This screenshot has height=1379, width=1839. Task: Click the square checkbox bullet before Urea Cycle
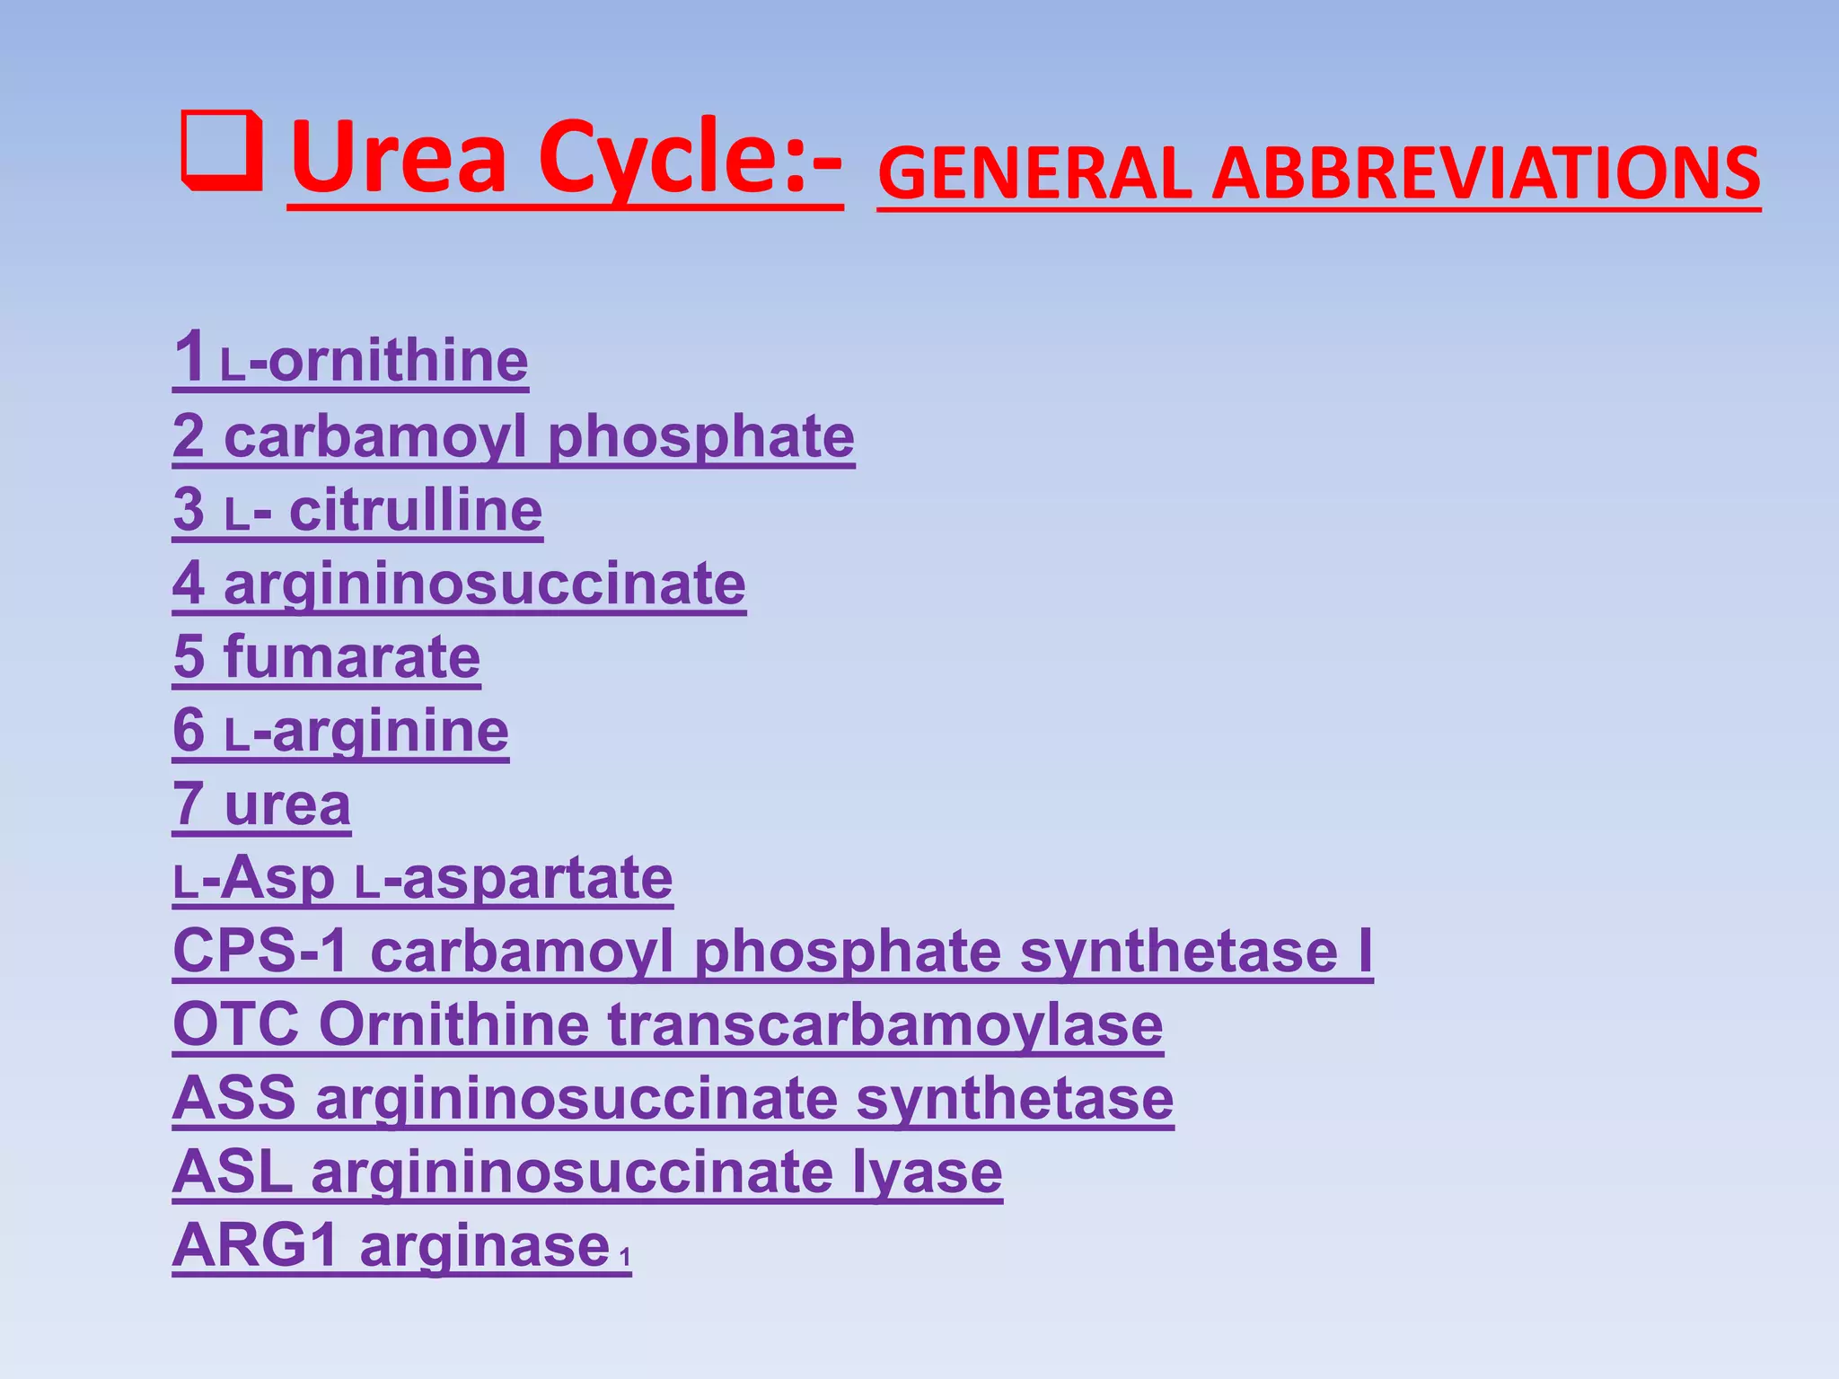click(x=222, y=152)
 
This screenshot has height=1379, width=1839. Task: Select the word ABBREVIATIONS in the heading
click(x=1486, y=174)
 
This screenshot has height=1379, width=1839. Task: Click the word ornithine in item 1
click(x=398, y=361)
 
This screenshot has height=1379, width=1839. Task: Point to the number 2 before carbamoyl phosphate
click(x=189, y=436)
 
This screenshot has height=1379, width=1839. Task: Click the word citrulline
click(x=416, y=510)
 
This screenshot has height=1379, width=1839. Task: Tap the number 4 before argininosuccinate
click(x=189, y=584)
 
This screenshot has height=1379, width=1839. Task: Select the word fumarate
click(x=352, y=657)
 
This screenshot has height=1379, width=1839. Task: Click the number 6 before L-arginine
click(x=189, y=730)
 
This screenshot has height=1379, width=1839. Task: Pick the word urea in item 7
click(x=287, y=804)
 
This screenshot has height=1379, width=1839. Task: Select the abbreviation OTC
click(x=236, y=1024)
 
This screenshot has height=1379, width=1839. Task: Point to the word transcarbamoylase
click(x=885, y=1025)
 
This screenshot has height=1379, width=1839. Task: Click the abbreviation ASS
click(x=234, y=1098)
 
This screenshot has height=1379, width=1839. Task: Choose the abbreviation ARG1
click(x=255, y=1245)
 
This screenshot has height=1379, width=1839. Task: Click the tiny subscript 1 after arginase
click(x=625, y=1256)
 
